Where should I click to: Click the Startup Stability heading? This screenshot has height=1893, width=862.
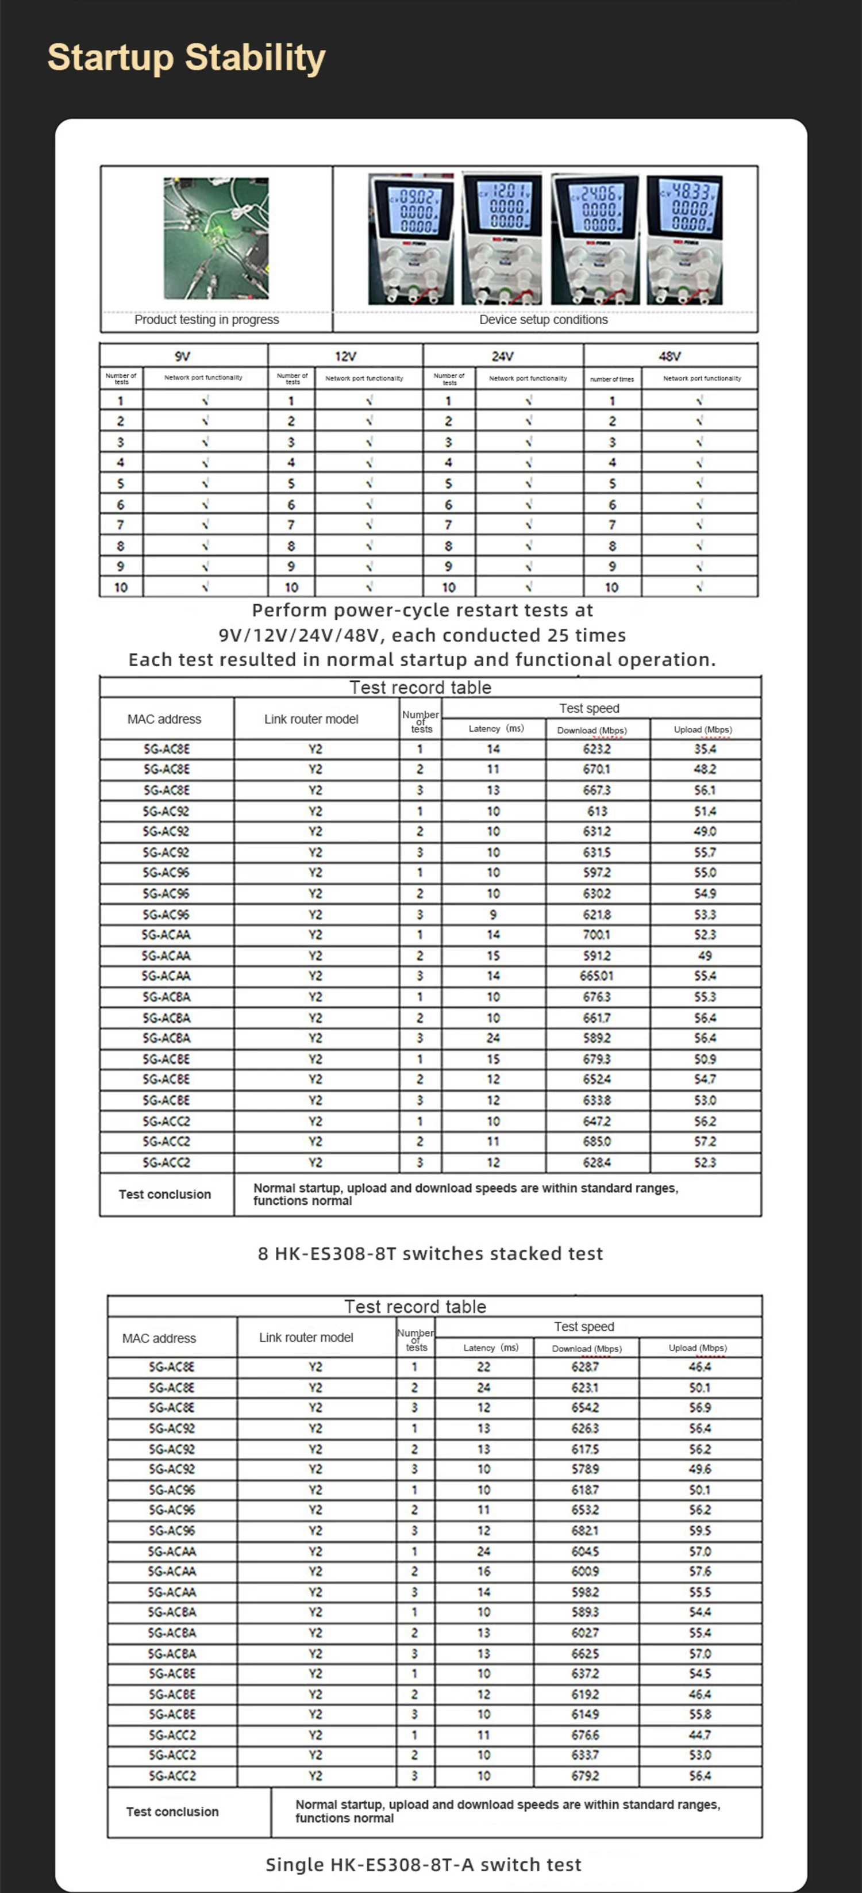(186, 57)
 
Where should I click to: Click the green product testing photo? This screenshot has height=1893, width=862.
(216, 238)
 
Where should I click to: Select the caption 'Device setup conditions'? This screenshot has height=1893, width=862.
(543, 320)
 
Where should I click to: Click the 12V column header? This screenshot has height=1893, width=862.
(345, 356)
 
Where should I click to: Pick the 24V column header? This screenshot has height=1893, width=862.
(503, 356)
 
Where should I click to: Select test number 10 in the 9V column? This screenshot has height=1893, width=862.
(121, 587)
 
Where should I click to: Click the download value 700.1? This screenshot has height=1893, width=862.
(596, 935)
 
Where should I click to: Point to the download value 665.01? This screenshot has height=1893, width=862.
(596, 976)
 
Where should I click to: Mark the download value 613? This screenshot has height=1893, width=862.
(597, 811)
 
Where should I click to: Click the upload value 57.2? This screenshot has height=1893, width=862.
(705, 1141)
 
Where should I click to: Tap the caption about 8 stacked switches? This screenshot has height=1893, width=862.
(430, 1254)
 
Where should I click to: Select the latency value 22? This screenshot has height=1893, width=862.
(483, 1367)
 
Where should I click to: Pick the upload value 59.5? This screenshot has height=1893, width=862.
(699, 1531)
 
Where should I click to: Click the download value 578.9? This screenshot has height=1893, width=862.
(585, 1469)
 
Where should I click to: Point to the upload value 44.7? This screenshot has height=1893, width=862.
(699, 1735)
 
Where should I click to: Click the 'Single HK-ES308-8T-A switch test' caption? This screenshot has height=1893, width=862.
(424, 1864)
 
